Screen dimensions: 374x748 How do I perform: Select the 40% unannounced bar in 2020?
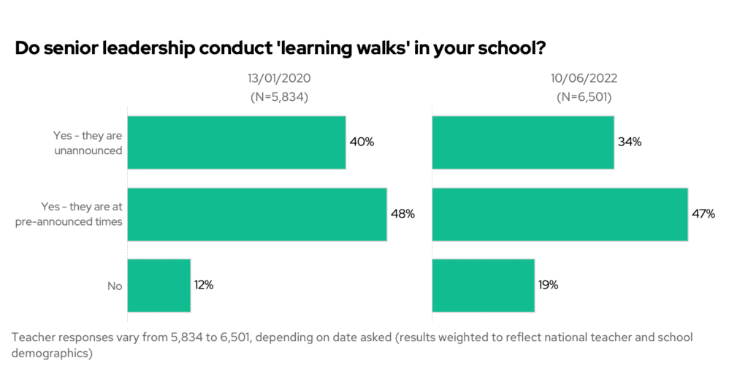point(236,142)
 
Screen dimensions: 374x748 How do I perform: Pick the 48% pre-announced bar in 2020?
point(256,214)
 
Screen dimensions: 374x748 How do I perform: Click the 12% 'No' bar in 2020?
point(159,286)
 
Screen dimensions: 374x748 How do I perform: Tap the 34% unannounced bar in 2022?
point(522,142)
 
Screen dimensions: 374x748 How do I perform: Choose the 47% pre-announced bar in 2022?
point(560,214)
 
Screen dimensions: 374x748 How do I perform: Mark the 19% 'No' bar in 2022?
point(483,286)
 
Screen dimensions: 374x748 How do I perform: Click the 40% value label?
point(362,142)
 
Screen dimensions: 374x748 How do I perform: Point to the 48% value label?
point(402,214)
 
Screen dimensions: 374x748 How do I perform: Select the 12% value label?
point(204,286)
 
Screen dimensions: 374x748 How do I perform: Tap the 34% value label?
point(629,142)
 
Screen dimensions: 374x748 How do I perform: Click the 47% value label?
point(703,214)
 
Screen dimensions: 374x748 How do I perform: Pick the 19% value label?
point(549,286)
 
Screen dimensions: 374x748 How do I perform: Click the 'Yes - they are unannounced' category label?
point(87,142)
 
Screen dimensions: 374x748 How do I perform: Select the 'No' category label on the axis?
point(115,286)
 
